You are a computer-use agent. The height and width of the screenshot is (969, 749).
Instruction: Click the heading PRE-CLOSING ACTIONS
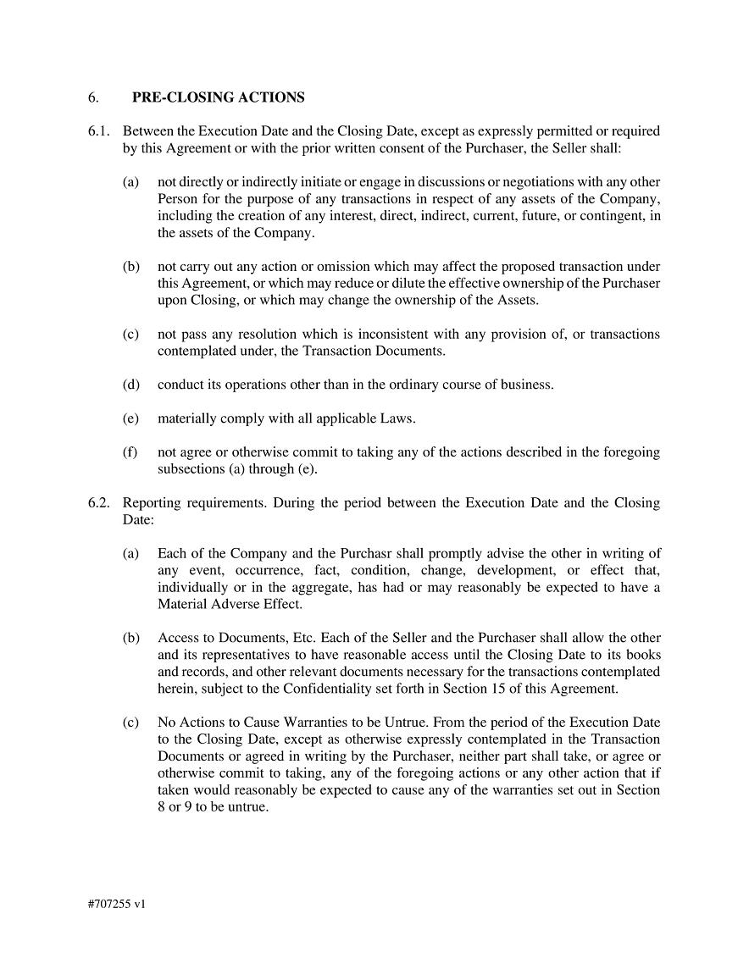218,97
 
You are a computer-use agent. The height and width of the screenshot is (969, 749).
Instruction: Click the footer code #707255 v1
116,904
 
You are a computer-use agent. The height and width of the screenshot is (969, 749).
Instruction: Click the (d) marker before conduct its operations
130,385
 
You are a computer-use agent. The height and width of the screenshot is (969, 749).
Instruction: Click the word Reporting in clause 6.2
152,503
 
